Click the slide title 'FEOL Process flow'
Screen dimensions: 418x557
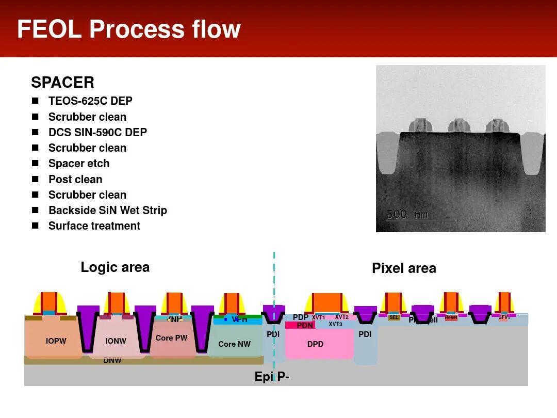click(128, 29)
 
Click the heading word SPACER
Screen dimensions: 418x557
click(62, 83)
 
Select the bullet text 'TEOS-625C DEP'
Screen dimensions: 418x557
click(90, 101)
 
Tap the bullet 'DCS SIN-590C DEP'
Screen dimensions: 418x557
click(97, 133)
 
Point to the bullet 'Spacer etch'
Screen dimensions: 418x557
click(79, 164)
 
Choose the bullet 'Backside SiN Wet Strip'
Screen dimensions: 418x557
click(108, 211)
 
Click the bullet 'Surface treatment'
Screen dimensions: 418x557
click(94, 226)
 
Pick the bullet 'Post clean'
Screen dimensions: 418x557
click(75, 180)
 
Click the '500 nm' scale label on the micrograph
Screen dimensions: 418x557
click(407, 214)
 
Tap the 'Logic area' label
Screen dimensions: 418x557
click(115, 267)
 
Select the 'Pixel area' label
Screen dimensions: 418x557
click(404, 268)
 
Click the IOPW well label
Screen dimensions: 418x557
click(56, 341)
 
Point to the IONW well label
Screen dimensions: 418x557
click(116, 341)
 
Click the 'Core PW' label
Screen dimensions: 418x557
click(171, 338)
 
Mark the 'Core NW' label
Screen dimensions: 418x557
click(234, 344)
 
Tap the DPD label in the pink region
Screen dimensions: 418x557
click(315, 344)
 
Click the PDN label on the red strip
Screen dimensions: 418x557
click(305, 326)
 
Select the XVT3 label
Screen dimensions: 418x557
click(335, 324)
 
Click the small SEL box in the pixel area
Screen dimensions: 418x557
click(394, 317)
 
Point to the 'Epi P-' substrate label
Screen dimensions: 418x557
click(272, 377)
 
